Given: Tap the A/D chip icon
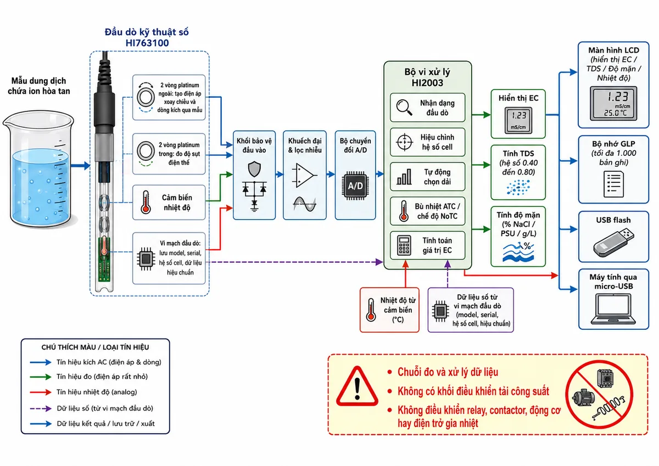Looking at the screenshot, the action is pos(355,186).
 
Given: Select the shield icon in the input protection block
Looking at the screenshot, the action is pos(254,169).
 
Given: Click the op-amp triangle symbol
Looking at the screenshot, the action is pos(304,176).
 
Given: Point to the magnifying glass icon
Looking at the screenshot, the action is pos(404,108).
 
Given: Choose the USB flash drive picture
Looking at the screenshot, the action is pos(613,242).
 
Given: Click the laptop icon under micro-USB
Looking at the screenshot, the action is pos(613,308).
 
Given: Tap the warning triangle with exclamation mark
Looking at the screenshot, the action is pos(357,386).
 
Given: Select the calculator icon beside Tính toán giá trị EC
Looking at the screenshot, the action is pos(404,245).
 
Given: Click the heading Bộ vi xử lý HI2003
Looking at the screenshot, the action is pos(427,77).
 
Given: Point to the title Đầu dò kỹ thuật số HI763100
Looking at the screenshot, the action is pos(147,37).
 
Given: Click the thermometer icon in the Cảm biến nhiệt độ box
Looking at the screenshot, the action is pos(146,202).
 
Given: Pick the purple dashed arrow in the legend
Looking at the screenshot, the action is pos(41,408).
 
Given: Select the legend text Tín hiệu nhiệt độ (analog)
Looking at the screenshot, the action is pos(97,392).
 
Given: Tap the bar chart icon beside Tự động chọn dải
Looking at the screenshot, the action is pos(404,177).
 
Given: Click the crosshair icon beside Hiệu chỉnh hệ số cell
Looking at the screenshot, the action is pos(404,142).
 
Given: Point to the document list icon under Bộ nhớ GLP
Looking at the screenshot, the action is pos(613,184).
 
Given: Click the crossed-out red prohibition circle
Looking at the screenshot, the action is pos(599,395).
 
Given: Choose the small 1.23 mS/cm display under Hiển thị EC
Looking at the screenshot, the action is pos(518,120).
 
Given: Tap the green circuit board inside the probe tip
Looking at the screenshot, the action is pos(104,259).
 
